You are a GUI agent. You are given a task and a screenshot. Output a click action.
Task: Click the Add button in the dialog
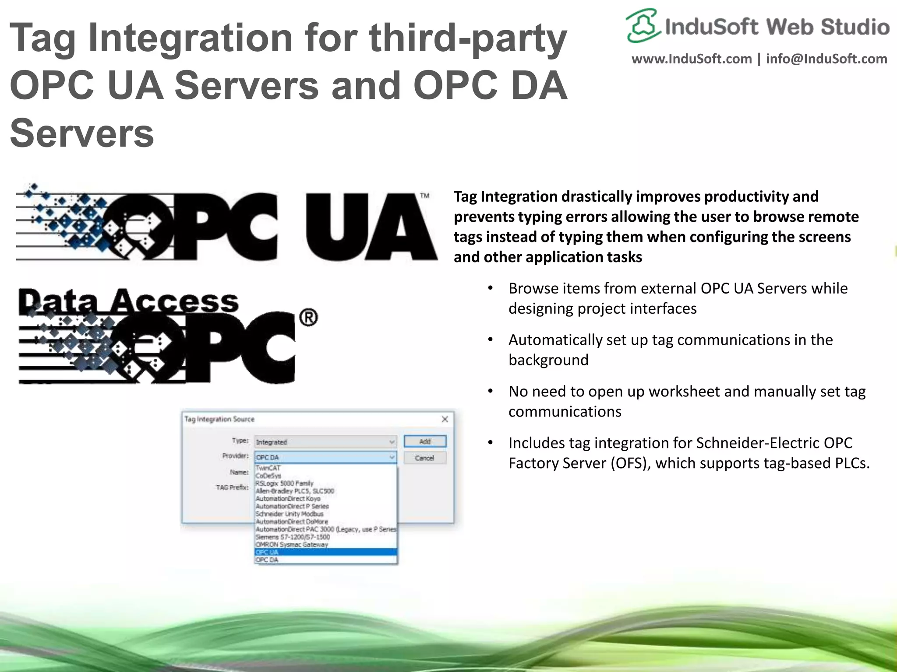[425, 441]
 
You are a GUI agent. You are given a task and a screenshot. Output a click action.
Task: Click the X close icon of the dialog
[445, 419]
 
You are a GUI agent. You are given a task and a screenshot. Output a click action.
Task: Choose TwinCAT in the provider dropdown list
[268, 468]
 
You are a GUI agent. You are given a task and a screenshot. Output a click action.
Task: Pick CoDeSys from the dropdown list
[268, 476]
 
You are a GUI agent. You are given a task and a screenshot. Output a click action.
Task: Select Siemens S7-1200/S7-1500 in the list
[293, 537]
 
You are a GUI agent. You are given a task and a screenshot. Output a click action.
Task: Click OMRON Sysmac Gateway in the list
[292, 545]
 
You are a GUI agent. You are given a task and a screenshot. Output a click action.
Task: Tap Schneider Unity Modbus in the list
[290, 514]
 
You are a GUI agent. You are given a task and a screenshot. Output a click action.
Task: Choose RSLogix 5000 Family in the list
[285, 483]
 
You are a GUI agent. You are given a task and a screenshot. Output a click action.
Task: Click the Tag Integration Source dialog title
[219, 419]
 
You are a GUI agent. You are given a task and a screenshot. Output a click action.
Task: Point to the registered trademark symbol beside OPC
[308, 318]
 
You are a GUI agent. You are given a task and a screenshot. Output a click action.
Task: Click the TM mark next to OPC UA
[424, 196]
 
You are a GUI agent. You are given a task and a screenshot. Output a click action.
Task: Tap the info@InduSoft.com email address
[826, 59]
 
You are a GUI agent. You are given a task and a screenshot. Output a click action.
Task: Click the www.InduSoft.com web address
[692, 59]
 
